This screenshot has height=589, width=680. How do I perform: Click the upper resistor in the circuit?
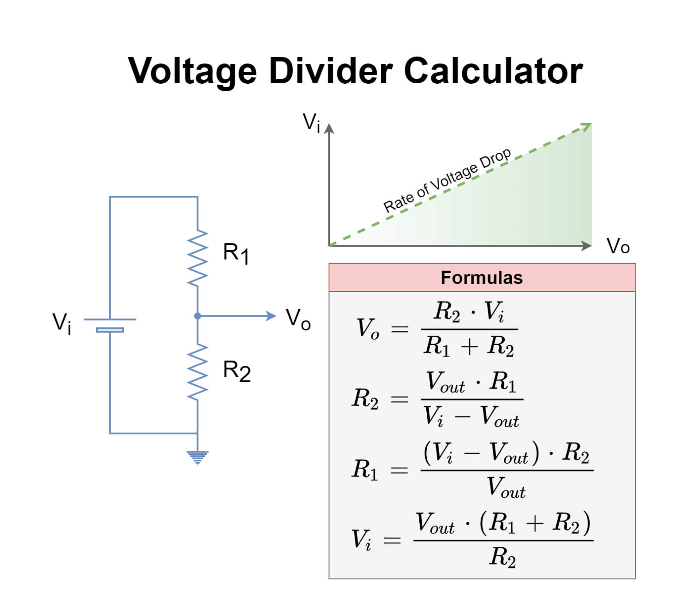(197, 258)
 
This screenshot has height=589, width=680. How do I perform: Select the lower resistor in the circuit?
(197, 372)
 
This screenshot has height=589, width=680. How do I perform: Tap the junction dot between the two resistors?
(197, 316)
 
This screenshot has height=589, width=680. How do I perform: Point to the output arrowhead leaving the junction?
(271, 316)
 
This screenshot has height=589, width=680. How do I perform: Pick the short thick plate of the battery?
(110, 330)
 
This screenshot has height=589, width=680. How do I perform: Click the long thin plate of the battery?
(110, 319)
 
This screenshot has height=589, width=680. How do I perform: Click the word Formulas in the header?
(482, 278)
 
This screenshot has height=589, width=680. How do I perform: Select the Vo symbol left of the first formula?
(368, 329)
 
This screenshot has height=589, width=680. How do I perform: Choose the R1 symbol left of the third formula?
(365, 469)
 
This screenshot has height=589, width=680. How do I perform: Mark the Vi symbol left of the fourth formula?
(361, 539)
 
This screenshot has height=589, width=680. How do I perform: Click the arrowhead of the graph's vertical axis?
(329, 128)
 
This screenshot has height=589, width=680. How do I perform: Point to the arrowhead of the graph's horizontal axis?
(587, 246)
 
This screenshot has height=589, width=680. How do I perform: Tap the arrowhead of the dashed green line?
(587, 126)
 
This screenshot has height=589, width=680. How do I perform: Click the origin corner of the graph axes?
(329, 246)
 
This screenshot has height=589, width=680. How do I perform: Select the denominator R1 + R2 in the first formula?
(469, 346)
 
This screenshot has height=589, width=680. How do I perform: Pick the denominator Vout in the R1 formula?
(506, 488)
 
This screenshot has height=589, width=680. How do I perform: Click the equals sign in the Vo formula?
(399, 329)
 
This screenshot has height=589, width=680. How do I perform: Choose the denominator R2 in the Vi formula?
(502, 557)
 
